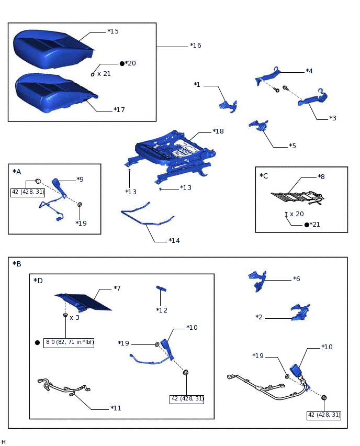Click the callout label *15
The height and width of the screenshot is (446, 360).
tap(113, 31)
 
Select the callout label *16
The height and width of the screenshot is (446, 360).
tap(196, 46)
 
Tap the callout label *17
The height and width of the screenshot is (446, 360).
tap(119, 110)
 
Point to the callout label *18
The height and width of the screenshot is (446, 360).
tap(218, 131)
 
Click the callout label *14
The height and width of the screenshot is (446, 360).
tap(174, 241)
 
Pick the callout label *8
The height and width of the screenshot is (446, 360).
tap(321, 177)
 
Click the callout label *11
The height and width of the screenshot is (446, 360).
tap(116, 408)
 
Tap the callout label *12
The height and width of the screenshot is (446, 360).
tap(162, 310)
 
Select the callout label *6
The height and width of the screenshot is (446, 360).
tap(297, 279)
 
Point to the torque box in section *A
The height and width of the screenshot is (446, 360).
tap(28, 193)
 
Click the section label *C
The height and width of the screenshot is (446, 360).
tap(264, 176)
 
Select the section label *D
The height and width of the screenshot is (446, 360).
tap(38, 281)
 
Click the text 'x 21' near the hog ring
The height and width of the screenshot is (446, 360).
tap(104, 74)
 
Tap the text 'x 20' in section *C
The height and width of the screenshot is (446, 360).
tap(297, 214)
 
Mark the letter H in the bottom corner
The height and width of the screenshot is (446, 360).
tap(4, 442)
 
